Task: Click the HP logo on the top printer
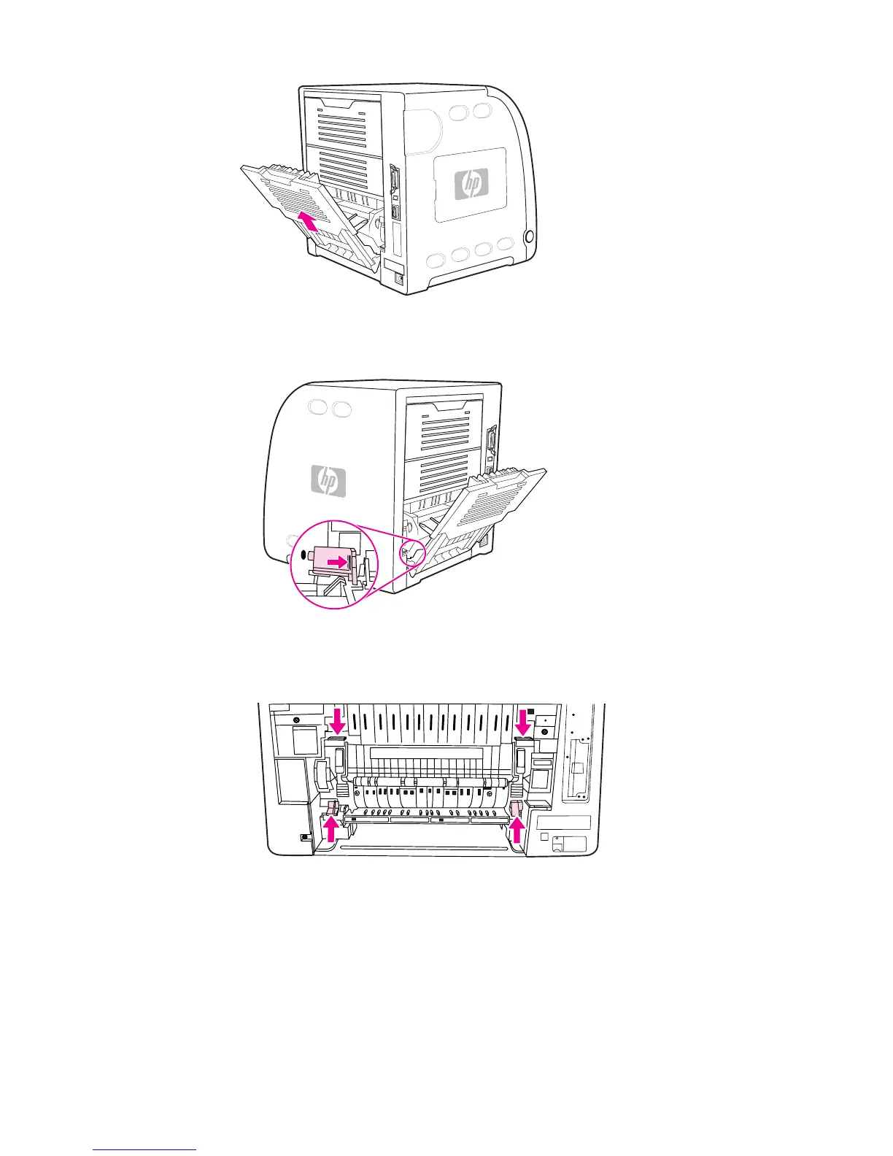(471, 184)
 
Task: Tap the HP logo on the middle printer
(329, 482)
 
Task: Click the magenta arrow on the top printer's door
(309, 222)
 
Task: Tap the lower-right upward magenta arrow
(517, 829)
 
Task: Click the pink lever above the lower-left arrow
(330, 807)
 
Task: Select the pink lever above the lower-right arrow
(516, 807)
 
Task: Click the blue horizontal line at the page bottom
(144, 1150)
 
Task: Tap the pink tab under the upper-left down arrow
(336, 739)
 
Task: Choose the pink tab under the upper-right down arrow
(522, 739)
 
